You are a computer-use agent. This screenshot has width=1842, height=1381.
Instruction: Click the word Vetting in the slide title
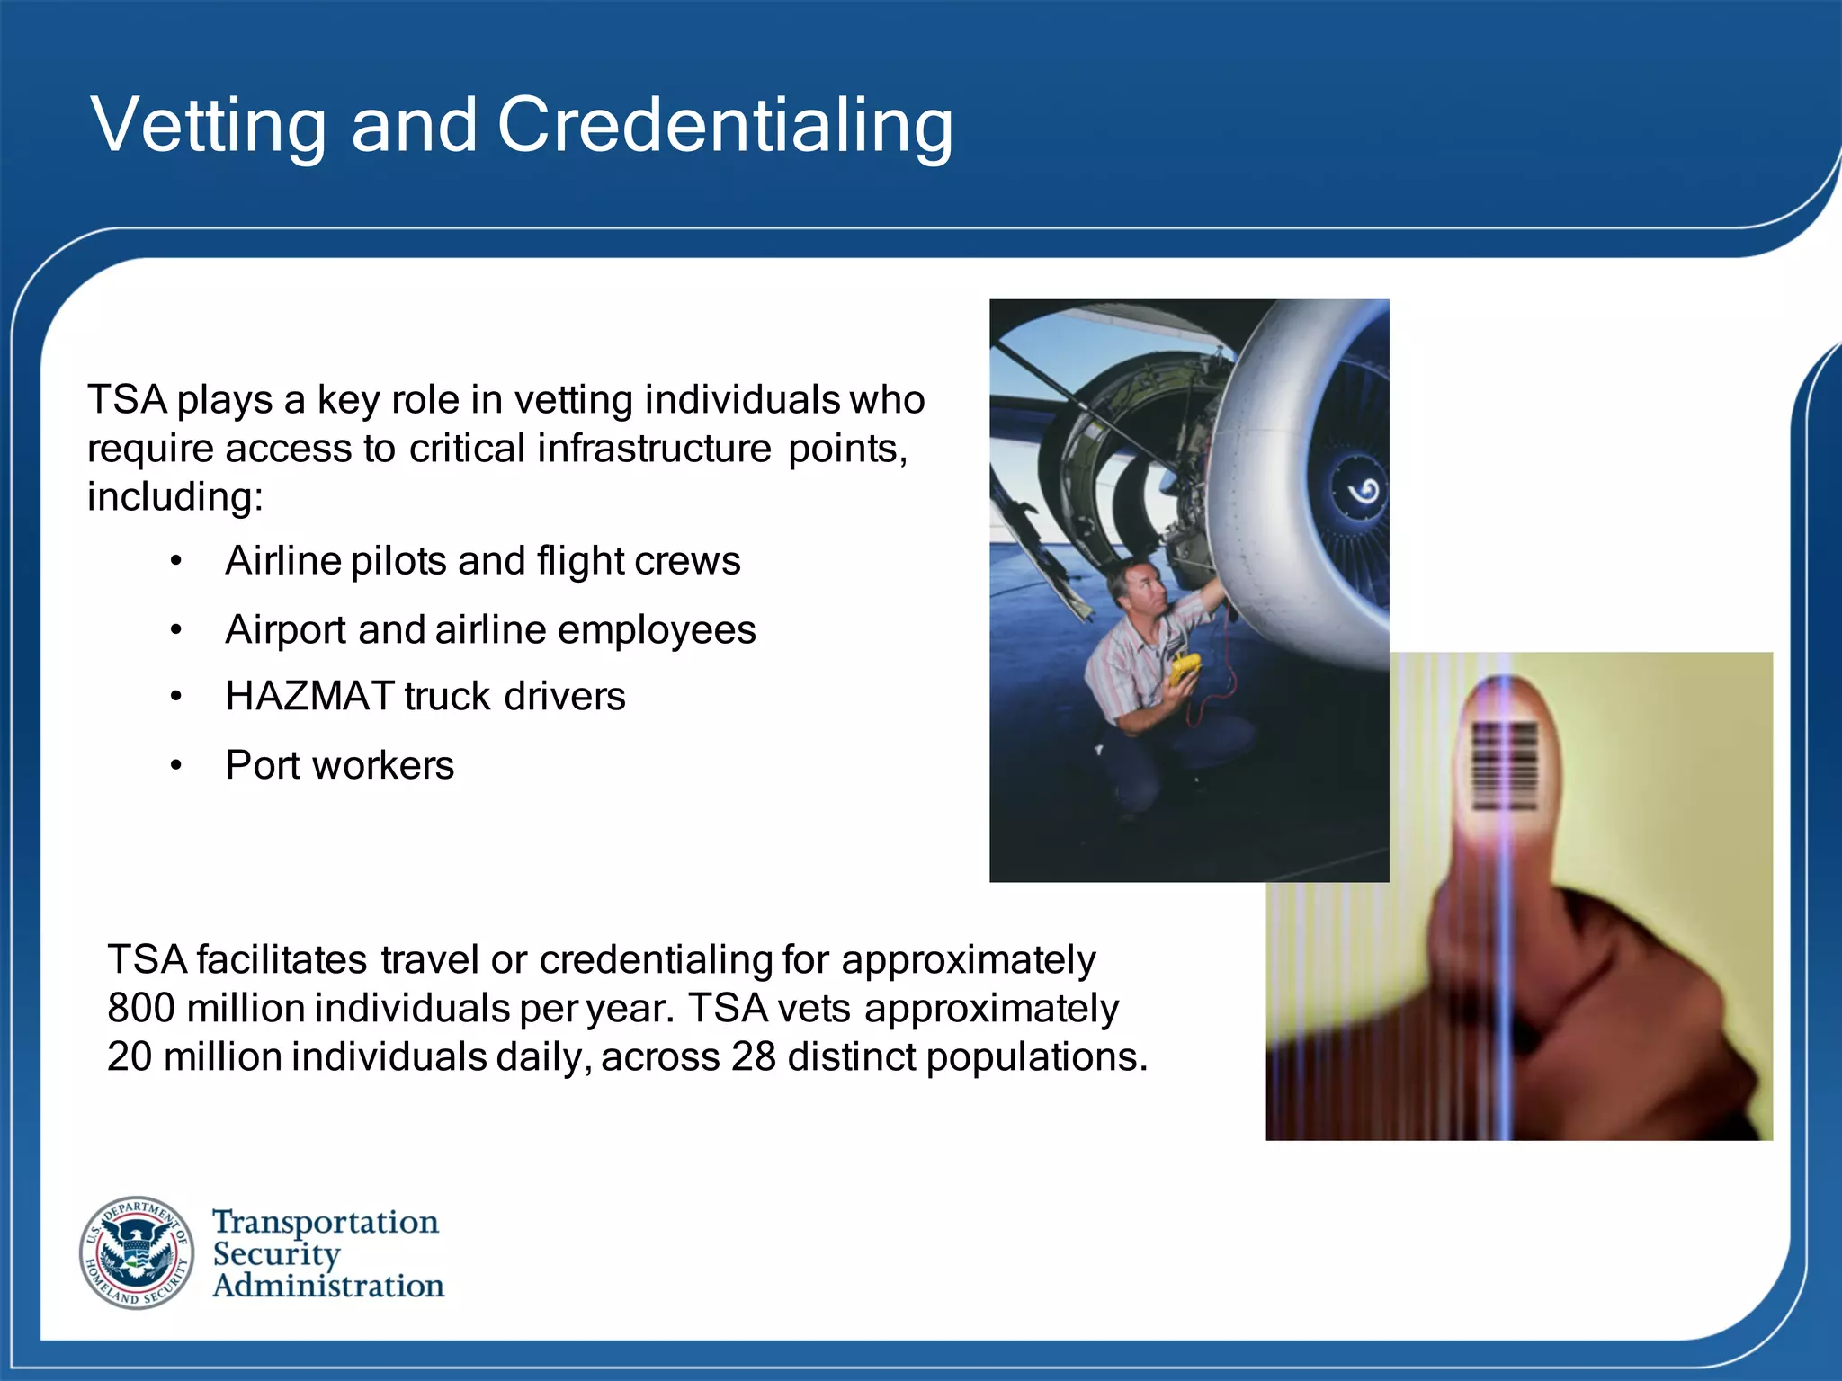[208, 125]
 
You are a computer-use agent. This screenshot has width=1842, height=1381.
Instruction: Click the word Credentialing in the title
[724, 127]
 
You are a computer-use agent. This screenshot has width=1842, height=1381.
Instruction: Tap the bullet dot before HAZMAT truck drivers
[176, 697]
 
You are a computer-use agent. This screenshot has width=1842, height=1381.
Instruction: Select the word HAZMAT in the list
[309, 697]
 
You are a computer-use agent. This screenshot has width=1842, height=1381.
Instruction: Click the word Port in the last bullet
[262, 766]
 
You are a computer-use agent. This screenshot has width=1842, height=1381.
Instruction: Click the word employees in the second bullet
[657, 630]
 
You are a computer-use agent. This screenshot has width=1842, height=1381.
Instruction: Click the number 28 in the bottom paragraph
[754, 1057]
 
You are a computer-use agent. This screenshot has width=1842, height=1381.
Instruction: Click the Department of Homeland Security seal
[137, 1252]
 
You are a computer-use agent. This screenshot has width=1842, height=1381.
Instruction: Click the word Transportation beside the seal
[326, 1222]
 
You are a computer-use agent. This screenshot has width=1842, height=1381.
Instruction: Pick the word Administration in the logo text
[328, 1287]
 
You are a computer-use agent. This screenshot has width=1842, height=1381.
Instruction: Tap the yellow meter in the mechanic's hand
[1185, 670]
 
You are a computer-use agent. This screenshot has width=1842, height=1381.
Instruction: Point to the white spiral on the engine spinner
[1364, 491]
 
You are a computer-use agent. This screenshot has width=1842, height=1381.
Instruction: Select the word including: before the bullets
[175, 497]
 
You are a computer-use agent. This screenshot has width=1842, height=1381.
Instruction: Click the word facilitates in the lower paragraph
[282, 960]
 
